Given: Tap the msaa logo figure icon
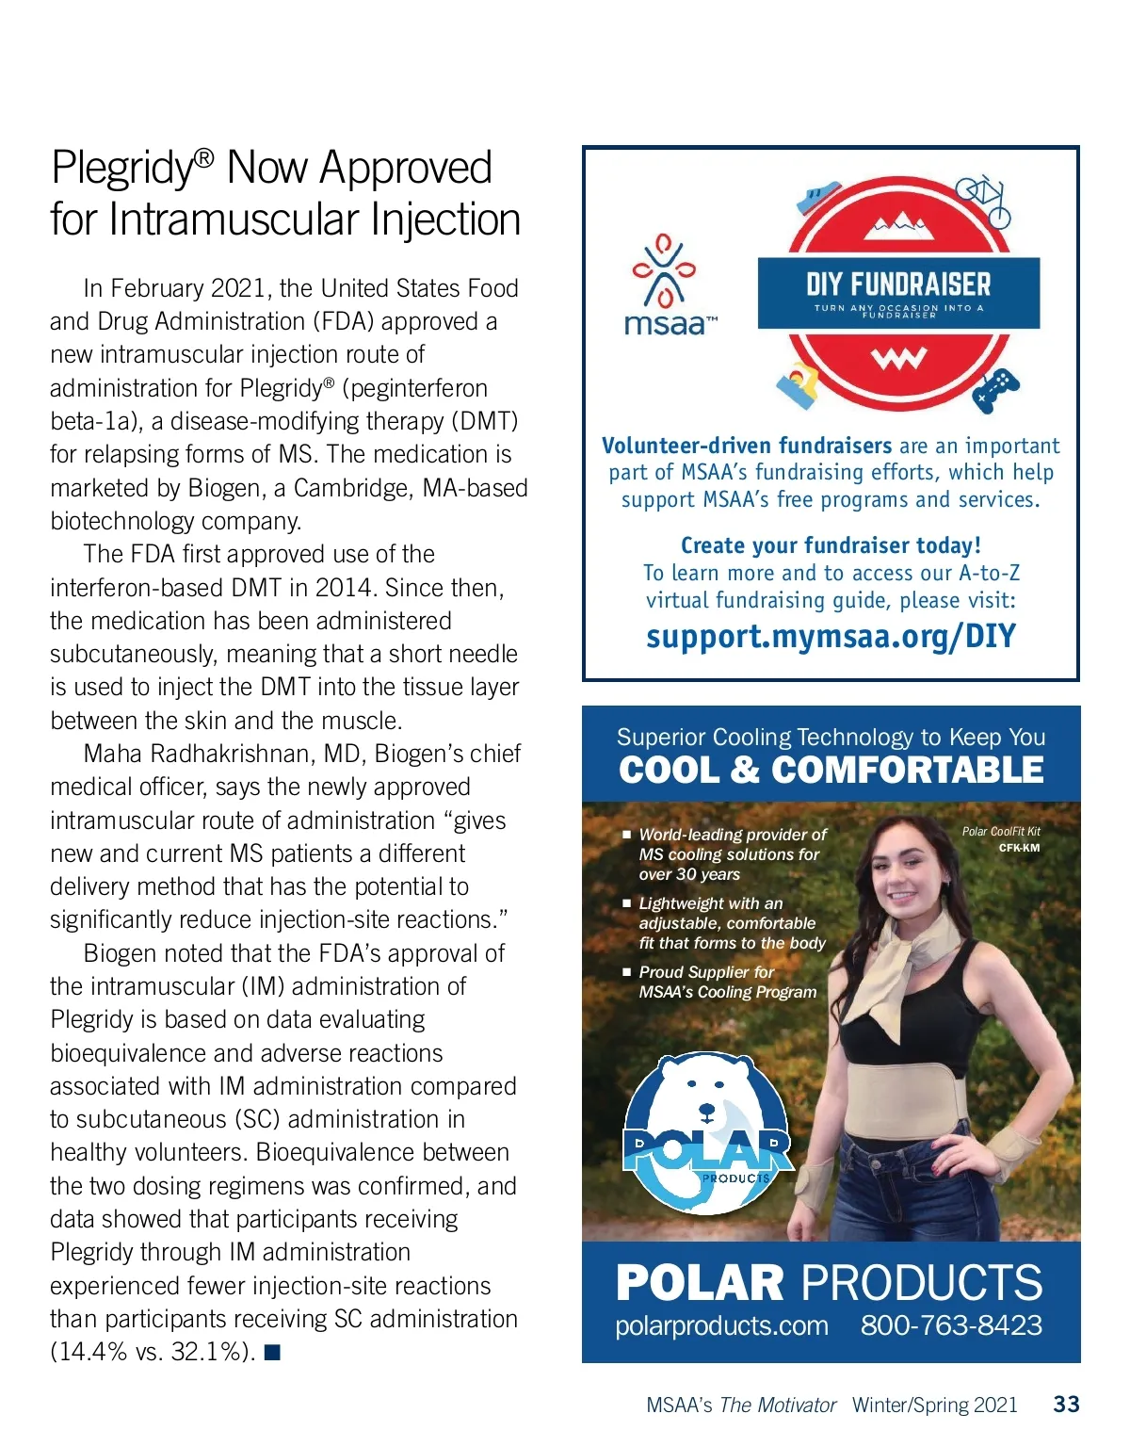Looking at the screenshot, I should (x=664, y=270).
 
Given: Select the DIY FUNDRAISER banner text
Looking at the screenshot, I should (x=898, y=284).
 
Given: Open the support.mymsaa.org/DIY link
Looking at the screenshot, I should (x=831, y=637).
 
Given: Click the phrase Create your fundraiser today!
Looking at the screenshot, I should (x=831, y=545).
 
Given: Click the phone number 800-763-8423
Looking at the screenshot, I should (x=951, y=1325).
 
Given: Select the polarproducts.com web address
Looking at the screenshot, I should (x=721, y=1325).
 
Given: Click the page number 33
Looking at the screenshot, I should (x=1066, y=1405).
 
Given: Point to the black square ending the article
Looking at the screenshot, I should (x=273, y=1353).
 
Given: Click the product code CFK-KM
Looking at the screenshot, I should (x=1019, y=848).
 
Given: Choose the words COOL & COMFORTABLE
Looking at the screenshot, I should (x=831, y=771).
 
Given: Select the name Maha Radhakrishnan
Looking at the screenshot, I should (x=199, y=755).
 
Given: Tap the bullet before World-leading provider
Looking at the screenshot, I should (x=626, y=835).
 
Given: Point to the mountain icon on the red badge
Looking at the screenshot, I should (x=898, y=223).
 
